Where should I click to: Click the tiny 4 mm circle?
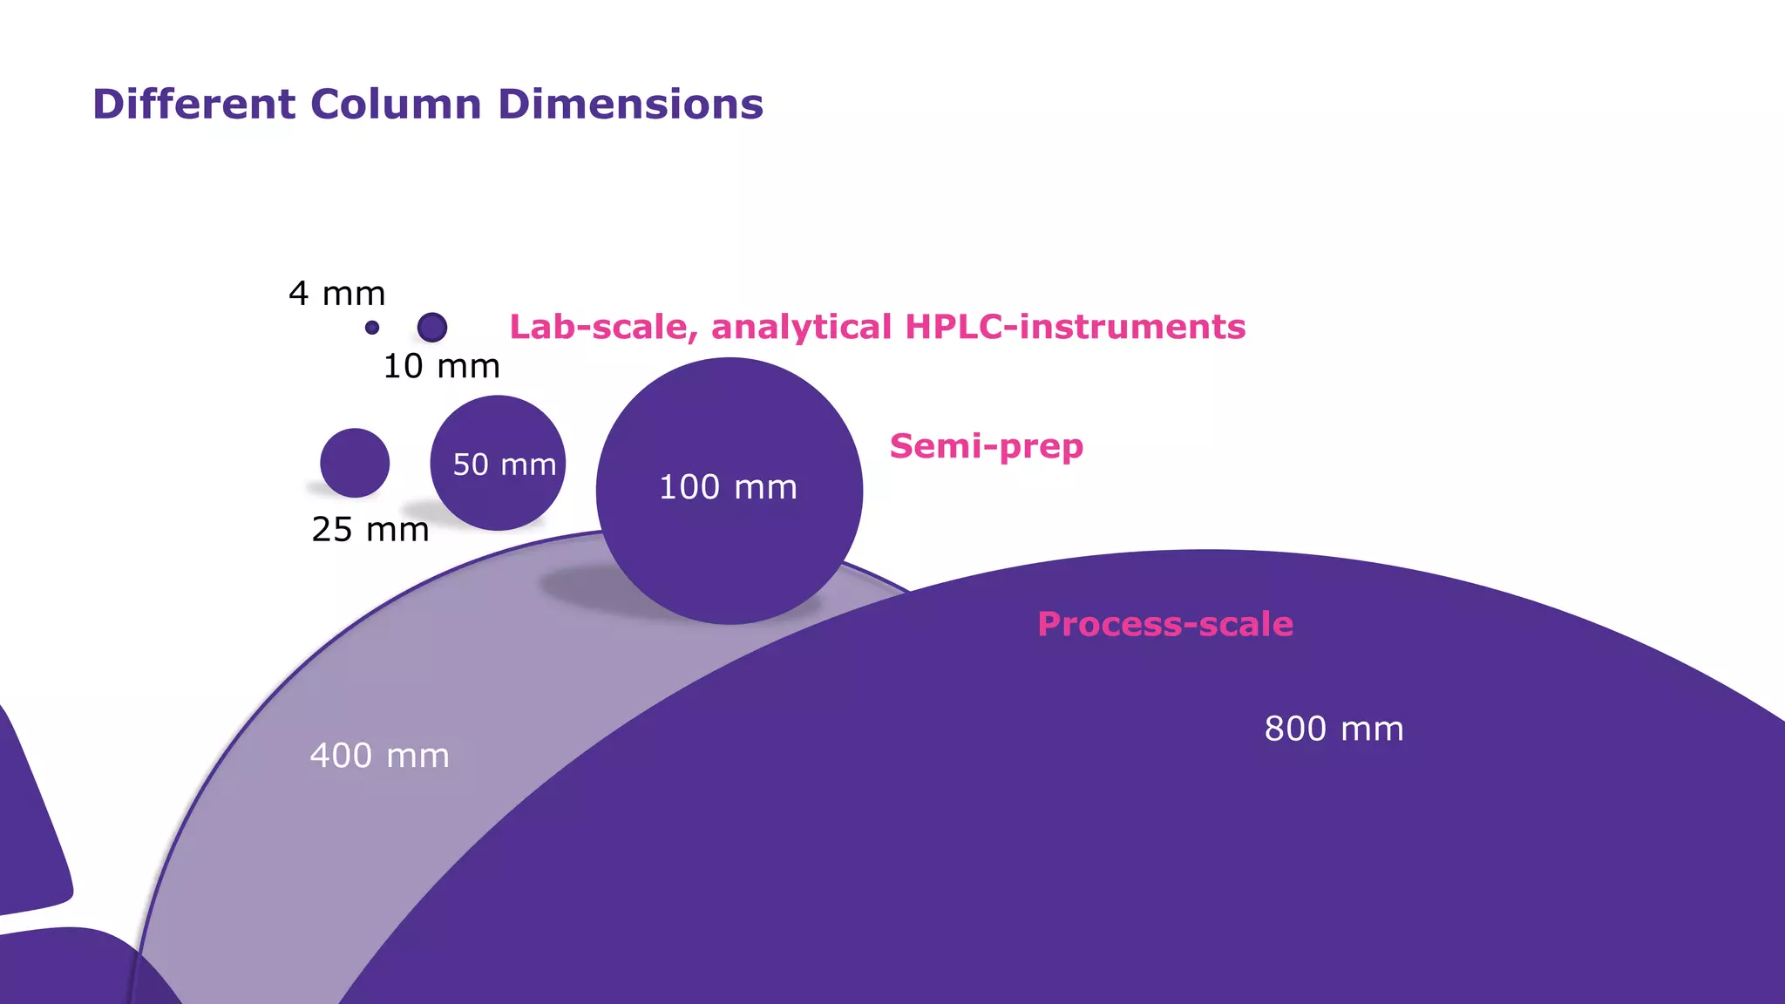point(372,328)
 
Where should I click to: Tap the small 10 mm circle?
point(432,328)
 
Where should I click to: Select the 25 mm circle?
point(355,462)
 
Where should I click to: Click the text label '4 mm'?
point(336,294)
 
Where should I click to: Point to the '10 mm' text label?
point(441,366)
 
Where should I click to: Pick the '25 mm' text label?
point(370,529)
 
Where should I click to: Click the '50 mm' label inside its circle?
point(505,465)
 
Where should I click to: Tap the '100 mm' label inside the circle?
point(728,487)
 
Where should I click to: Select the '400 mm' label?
point(379,756)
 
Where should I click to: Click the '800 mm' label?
point(1334,729)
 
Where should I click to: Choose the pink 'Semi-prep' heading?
point(986,446)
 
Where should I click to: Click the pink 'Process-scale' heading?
point(1164,624)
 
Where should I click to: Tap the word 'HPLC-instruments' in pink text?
point(1075,327)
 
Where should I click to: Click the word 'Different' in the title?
point(193,104)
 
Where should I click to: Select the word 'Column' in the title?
point(396,104)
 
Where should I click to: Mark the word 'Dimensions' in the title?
point(630,104)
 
